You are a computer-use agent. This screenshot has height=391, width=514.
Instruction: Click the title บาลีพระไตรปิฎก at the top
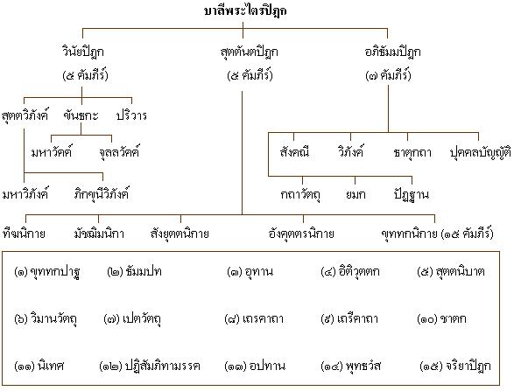245,10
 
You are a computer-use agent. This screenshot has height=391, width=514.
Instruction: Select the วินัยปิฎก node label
83,52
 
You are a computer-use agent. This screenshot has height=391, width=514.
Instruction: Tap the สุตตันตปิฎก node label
250,52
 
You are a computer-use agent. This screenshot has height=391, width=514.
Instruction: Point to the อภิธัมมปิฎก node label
392,52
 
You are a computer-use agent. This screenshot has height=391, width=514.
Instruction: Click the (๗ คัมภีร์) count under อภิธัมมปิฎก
388,75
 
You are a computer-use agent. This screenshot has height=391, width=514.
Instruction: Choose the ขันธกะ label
81,115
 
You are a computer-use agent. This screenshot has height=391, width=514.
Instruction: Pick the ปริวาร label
131,115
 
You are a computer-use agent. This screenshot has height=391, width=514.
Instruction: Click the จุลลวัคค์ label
119,151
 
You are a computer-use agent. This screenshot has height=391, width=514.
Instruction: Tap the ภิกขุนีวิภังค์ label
102,194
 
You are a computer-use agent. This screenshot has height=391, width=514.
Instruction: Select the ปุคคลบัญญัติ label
480,152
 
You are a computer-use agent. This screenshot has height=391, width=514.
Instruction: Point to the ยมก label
356,194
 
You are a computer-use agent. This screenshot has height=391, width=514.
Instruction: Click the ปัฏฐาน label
411,194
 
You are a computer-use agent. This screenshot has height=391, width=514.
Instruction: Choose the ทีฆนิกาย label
24,234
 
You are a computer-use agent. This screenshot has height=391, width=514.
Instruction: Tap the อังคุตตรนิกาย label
301,234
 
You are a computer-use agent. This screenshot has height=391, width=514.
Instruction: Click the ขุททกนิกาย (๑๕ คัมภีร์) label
437,234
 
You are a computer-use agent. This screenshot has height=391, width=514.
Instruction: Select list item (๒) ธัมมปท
134,271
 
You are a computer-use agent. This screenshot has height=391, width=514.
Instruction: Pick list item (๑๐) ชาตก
441,318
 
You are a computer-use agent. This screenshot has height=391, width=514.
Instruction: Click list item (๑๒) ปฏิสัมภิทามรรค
150,366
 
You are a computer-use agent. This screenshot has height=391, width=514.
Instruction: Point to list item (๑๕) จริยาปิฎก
455,366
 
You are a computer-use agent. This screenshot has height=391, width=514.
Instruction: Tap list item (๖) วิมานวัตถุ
46,319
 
